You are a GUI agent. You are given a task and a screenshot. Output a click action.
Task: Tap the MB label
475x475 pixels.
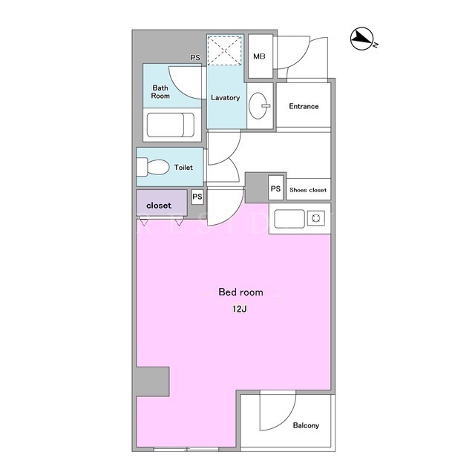(x=259, y=56)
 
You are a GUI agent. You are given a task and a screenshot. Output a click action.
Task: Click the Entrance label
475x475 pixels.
(x=304, y=106)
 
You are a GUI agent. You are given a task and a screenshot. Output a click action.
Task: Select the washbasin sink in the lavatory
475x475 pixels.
(x=258, y=105)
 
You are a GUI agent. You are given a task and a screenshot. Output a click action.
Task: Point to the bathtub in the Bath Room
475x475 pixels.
(x=170, y=125)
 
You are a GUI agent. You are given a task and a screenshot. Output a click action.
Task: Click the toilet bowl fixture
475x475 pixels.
(x=153, y=166)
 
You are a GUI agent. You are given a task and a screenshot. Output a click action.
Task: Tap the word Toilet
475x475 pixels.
(x=183, y=167)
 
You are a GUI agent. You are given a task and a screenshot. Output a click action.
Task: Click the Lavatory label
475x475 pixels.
(x=226, y=97)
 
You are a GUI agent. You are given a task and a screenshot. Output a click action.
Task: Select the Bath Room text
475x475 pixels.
(x=160, y=92)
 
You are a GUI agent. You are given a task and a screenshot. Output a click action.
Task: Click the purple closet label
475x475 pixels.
(x=159, y=206)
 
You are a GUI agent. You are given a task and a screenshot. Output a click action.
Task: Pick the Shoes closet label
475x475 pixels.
(x=308, y=190)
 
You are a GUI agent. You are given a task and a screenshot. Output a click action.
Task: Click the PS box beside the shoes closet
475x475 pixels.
(x=275, y=189)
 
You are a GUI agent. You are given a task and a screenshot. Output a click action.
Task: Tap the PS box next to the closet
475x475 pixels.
(x=197, y=197)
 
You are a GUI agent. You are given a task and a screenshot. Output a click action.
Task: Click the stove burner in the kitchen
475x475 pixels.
(x=316, y=218)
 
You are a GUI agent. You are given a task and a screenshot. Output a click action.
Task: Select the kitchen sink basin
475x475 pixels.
(x=289, y=219)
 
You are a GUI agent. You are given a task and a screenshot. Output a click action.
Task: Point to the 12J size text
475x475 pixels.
(x=239, y=309)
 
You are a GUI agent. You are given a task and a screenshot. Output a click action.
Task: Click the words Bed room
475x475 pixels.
(x=240, y=292)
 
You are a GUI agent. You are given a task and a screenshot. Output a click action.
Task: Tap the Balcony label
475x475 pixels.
(x=306, y=425)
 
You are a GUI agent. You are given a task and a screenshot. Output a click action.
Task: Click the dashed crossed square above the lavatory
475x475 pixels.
(x=225, y=50)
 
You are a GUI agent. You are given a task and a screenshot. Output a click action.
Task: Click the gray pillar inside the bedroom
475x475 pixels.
(x=152, y=381)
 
